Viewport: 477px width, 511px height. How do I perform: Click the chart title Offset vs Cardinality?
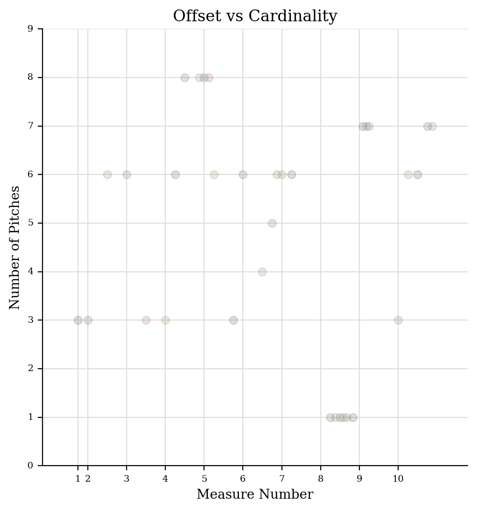click(255, 16)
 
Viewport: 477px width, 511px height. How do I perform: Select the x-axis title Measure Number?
click(255, 494)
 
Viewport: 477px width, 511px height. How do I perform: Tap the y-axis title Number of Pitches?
click(15, 247)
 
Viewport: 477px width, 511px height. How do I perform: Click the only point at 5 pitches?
click(272, 223)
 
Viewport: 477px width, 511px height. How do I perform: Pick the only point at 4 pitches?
click(262, 272)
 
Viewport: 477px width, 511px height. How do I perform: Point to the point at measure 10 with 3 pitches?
click(398, 320)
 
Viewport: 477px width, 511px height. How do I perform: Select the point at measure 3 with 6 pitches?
click(127, 174)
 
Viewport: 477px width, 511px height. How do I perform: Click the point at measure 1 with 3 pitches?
click(78, 320)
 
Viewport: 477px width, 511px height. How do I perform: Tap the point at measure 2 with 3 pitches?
click(88, 320)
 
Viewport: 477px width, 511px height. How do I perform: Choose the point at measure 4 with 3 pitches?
click(165, 320)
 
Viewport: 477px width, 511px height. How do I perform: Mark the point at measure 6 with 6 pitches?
click(243, 174)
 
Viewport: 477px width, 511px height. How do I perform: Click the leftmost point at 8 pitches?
click(185, 78)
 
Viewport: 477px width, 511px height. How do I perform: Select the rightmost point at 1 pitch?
click(353, 417)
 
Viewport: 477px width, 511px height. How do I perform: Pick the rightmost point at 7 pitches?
click(432, 126)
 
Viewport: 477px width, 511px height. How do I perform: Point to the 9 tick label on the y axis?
click(30, 29)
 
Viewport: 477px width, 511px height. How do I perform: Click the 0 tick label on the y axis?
click(30, 466)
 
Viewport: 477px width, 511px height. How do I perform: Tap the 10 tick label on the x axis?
click(398, 479)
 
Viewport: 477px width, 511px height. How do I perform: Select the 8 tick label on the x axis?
click(321, 479)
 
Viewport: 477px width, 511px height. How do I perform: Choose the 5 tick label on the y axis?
click(30, 223)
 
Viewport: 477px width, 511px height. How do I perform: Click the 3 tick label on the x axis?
click(127, 479)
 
